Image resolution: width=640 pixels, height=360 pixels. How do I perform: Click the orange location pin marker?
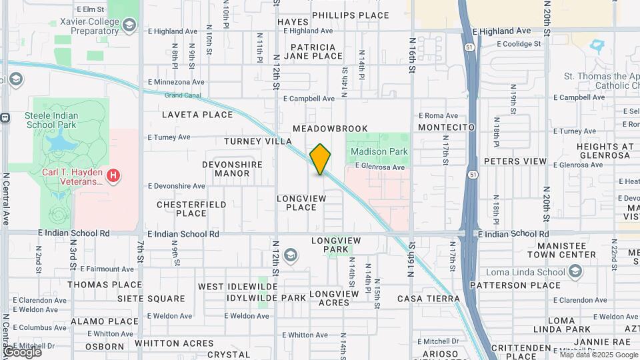coord(321,159)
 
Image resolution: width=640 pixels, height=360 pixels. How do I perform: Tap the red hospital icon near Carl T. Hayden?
coord(115,176)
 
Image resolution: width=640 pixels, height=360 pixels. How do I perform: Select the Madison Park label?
coord(379,151)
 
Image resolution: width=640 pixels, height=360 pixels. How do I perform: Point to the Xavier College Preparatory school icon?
coord(129,26)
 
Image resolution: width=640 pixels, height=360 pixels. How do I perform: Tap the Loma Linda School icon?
coord(575,271)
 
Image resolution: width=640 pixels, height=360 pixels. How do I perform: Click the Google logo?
coord(22,351)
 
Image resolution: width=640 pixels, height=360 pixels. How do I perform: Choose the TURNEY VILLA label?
coord(258,141)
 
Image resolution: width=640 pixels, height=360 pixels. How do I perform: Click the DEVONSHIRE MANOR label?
coord(232,169)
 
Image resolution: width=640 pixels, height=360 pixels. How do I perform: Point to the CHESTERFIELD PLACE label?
coord(191,209)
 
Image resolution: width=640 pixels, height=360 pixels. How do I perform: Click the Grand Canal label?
coord(181,95)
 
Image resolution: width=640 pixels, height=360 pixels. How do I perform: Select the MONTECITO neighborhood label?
coord(447,127)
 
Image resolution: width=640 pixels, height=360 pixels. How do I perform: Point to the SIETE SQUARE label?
coord(151,299)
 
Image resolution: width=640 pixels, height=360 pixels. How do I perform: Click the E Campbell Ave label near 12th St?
coord(309,99)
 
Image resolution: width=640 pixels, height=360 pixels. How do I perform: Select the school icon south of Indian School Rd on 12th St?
coord(291,255)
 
